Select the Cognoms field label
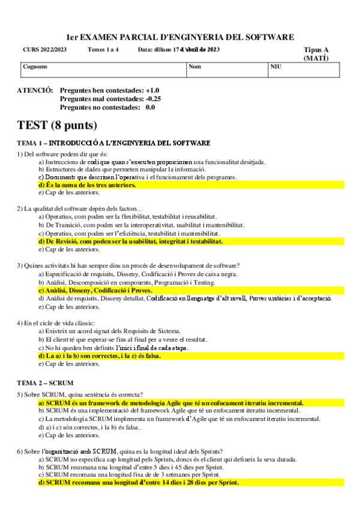[x=35, y=67]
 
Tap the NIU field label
[x=276, y=67]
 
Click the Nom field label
[x=195, y=67]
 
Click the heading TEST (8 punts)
[x=56, y=125]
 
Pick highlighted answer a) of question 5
[x=171, y=402]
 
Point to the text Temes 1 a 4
[x=103, y=50]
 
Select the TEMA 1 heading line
[x=114, y=143]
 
